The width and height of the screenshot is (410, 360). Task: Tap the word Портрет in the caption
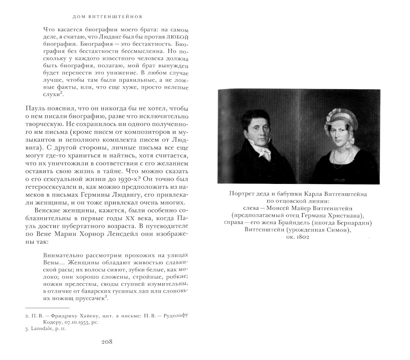242,194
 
